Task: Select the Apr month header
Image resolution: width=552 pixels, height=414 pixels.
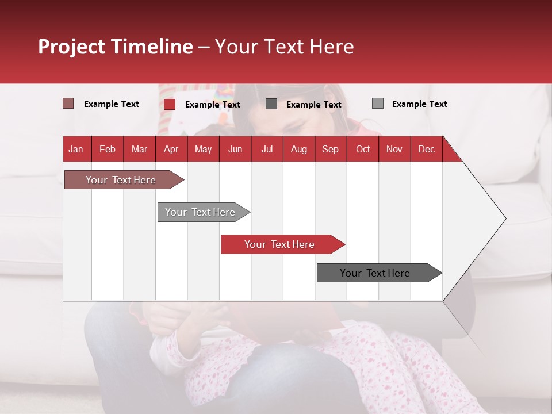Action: (171, 149)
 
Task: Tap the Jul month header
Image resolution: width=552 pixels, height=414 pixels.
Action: (267, 149)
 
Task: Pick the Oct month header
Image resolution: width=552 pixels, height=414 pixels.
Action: (363, 149)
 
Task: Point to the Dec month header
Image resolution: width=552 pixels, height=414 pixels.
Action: (427, 149)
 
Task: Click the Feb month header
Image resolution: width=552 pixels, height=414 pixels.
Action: (108, 149)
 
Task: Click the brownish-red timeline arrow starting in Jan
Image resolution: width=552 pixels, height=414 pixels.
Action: (124, 179)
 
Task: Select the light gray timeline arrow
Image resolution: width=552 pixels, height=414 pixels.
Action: (204, 212)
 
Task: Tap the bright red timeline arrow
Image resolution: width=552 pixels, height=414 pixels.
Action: (283, 244)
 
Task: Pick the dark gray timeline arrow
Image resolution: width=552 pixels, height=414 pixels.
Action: (379, 273)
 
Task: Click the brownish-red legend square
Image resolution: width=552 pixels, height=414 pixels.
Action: (68, 103)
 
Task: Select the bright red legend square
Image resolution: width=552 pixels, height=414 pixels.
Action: (169, 104)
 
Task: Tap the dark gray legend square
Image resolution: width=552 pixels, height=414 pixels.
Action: (271, 104)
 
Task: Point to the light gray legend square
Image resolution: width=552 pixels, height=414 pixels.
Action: (378, 103)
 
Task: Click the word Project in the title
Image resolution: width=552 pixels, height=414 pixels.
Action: (71, 47)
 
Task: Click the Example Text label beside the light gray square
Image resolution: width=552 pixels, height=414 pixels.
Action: (420, 104)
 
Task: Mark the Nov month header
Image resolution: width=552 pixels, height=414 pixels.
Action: (394, 149)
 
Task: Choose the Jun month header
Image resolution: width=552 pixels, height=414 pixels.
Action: (235, 149)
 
